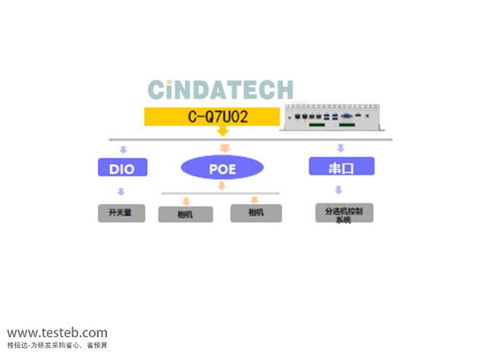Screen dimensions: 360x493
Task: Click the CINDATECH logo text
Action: pyautogui.click(x=220, y=89)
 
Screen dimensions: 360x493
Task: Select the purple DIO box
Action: pyautogui.click(x=121, y=167)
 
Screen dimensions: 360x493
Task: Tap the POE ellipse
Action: pyautogui.click(x=223, y=168)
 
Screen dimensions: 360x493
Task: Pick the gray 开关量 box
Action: pyautogui.click(x=121, y=213)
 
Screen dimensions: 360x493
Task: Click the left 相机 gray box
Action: pyautogui.click(x=185, y=214)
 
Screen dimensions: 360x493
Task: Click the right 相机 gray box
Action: pyautogui.click(x=256, y=214)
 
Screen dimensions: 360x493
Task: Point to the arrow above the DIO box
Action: pyautogui.click(x=121, y=149)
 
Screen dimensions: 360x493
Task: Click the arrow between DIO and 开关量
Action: pyautogui.click(x=121, y=192)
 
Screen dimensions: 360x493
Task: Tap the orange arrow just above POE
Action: pyautogui.click(x=224, y=148)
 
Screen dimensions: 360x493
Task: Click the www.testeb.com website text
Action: pyautogui.click(x=58, y=333)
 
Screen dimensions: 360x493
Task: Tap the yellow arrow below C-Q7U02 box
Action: pyautogui.click(x=223, y=132)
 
